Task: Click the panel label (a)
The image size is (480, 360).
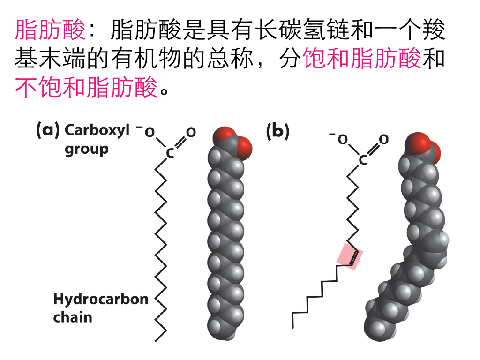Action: click(x=48, y=130)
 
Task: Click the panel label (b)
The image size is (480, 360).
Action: click(x=277, y=131)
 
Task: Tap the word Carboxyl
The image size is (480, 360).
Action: click(x=97, y=130)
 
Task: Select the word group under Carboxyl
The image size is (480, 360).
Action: click(x=87, y=149)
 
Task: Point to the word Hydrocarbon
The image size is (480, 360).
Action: click(x=101, y=299)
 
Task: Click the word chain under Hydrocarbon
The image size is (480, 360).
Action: click(x=73, y=317)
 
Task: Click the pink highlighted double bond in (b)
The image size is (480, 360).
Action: click(x=350, y=256)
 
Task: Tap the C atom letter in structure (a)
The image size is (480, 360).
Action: click(x=170, y=153)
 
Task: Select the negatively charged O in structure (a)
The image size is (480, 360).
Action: click(x=149, y=133)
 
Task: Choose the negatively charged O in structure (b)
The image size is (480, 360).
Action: click(x=343, y=139)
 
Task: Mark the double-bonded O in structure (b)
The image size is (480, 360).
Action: click(x=384, y=139)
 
